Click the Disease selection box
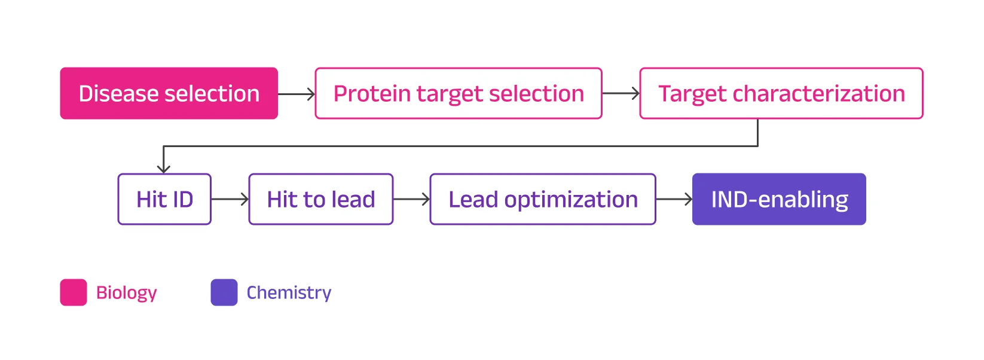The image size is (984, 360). (x=169, y=93)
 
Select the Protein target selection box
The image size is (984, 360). (x=459, y=93)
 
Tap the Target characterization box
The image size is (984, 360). (x=781, y=93)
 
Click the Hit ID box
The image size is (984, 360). (x=164, y=199)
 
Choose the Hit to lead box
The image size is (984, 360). (x=321, y=199)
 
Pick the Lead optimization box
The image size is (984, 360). (x=543, y=199)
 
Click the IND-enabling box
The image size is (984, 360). (x=779, y=199)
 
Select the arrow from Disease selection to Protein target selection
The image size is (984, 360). (x=297, y=94)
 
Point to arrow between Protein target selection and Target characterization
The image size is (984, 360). (x=621, y=94)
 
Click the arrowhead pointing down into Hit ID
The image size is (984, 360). (x=164, y=169)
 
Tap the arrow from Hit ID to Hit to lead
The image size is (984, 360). (x=230, y=199)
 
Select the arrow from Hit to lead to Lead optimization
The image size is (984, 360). (x=411, y=199)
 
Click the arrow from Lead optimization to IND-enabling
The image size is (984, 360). (x=674, y=199)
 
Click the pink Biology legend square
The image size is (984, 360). (x=74, y=292)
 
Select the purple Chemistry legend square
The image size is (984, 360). (x=224, y=292)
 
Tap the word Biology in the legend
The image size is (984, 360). (x=126, y=292)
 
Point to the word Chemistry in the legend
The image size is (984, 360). (x=289, y=292)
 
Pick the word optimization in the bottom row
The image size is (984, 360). (x=571, y=200)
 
